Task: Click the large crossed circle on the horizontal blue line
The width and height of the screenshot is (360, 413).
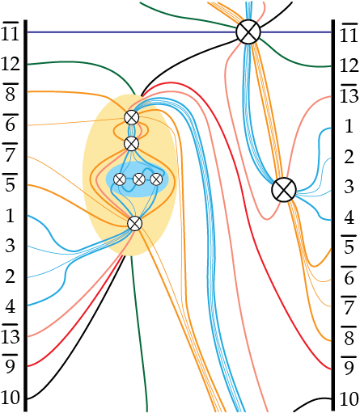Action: pyautogui.click(x=248, y=32)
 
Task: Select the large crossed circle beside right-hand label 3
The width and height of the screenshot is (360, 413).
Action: pyautogui.click(x=284, y=190)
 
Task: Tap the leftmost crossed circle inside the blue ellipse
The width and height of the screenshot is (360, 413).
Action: pyautogui.click(x=120, y=179)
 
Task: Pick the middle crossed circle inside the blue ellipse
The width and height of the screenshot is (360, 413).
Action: pyautogui.click(x=139, y=179)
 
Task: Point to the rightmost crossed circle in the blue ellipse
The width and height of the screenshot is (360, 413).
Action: pyautogui.click(x=156, y=179)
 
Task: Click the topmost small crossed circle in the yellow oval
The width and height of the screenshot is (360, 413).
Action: pyautogui.click(x=132, y=117)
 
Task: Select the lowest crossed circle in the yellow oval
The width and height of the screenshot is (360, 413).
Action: pyautogui.click(x=134, y=223)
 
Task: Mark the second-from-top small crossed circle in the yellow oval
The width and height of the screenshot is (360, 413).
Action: pyautogui.click(x=132, y=144)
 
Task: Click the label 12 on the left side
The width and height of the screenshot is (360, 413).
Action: pyautogui.click(x=11, y=65)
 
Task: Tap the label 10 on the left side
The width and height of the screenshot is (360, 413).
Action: pyautogui.click(x=11, y=398)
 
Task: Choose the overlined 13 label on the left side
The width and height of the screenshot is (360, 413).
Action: pyautogui.click(x=11, y=334)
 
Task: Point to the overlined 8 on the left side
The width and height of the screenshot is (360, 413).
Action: pyautogui.click(x=11, y=92)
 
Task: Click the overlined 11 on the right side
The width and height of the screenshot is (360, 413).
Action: pyautogui.click(x=349, y=33)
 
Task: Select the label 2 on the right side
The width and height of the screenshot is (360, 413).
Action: pyautogui.click(x=349, y=157)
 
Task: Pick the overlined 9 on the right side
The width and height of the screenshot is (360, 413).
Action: pyautogui.click(x=349, y=366)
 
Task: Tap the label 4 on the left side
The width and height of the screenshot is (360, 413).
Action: pyautogui.click(x=11, y=306)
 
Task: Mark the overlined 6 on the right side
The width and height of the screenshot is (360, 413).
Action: pyautogui.click(x=349, y=276)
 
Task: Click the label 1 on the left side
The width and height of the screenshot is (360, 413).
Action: pyautogui.click(x=11, y=216)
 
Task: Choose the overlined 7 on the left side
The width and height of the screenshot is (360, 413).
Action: pyautogui.click(x=11, y=153)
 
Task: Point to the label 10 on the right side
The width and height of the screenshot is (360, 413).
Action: pyautogui.click(x=349, y=399)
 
